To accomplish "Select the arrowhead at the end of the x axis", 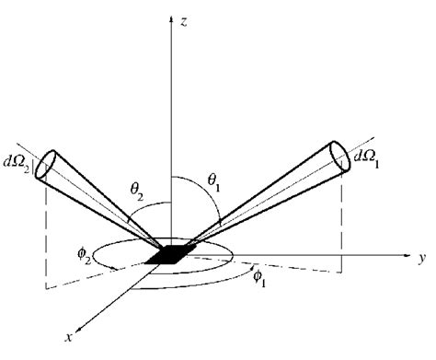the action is [x=78, y=326].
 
